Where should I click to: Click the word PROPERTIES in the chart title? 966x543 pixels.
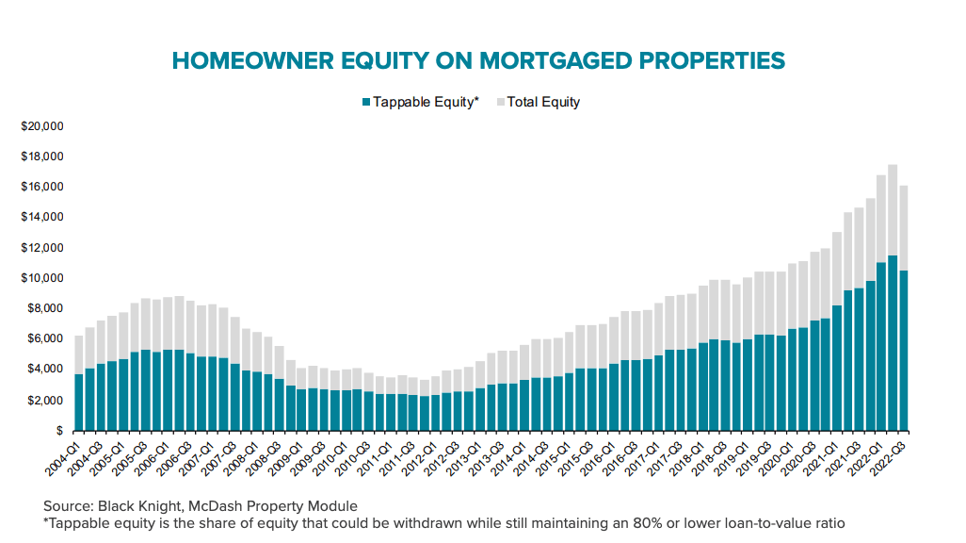(x=695, y=60)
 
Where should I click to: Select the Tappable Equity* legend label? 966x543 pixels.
(x=426, y=102)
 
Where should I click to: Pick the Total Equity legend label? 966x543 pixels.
(x=543, y=102)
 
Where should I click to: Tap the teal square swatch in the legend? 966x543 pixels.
(x=365, y=102)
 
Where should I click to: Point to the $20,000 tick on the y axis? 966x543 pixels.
(x=41, y=126)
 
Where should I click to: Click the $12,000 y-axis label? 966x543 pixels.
(x=41, y=248)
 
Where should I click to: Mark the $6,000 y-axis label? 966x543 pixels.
(x=44, y=339)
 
